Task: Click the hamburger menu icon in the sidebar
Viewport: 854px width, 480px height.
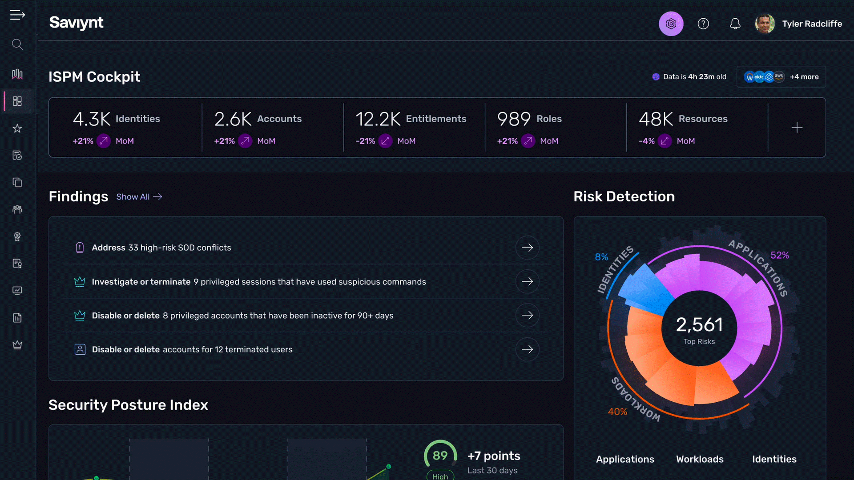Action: click(17, 15)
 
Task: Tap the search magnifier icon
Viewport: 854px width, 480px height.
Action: click(17, 44)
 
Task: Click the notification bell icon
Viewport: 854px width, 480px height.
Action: click(735, 24)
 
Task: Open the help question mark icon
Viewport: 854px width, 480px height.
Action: click(703, 24)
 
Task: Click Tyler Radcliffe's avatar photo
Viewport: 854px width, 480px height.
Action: click(765, 24)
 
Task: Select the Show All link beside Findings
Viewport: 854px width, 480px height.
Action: click(139, 197)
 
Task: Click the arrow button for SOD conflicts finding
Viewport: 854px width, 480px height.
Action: click(528, 248)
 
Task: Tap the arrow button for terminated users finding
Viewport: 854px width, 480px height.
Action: click(528, 349)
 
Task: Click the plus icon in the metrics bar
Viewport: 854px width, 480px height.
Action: click(797, 128)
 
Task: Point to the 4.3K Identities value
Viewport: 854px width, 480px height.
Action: click(92, 119)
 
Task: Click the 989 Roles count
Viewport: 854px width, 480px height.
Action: click(514, 119)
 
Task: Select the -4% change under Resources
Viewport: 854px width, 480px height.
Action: click(647, 141)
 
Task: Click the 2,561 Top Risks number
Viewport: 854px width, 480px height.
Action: click(699, 325)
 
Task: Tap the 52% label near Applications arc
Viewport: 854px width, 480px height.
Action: click(779, 255)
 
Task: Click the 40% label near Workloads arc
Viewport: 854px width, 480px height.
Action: click(617, 412)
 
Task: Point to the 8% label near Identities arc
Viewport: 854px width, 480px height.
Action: click(601, 257)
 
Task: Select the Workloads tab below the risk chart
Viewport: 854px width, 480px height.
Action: click(700, 459)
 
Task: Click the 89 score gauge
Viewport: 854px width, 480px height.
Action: click(440, 456)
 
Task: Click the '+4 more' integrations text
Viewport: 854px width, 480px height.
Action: click(804, 77)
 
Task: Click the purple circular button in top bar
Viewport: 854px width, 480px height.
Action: click(671, 24)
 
